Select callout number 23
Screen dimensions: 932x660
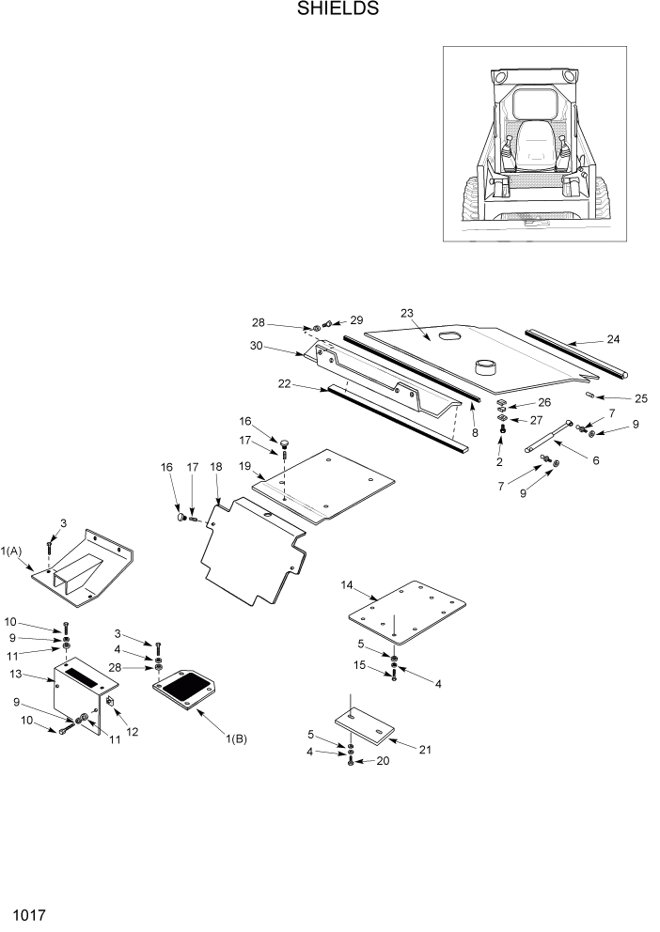(407, 314)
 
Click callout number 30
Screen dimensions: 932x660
(256, 346)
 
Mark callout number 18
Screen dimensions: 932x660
(216, 467)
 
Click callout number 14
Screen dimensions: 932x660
(347, 585)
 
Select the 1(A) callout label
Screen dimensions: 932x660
(12, 552)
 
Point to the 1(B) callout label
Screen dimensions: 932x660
(235, 739)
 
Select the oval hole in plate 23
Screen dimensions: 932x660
(449, 335)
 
